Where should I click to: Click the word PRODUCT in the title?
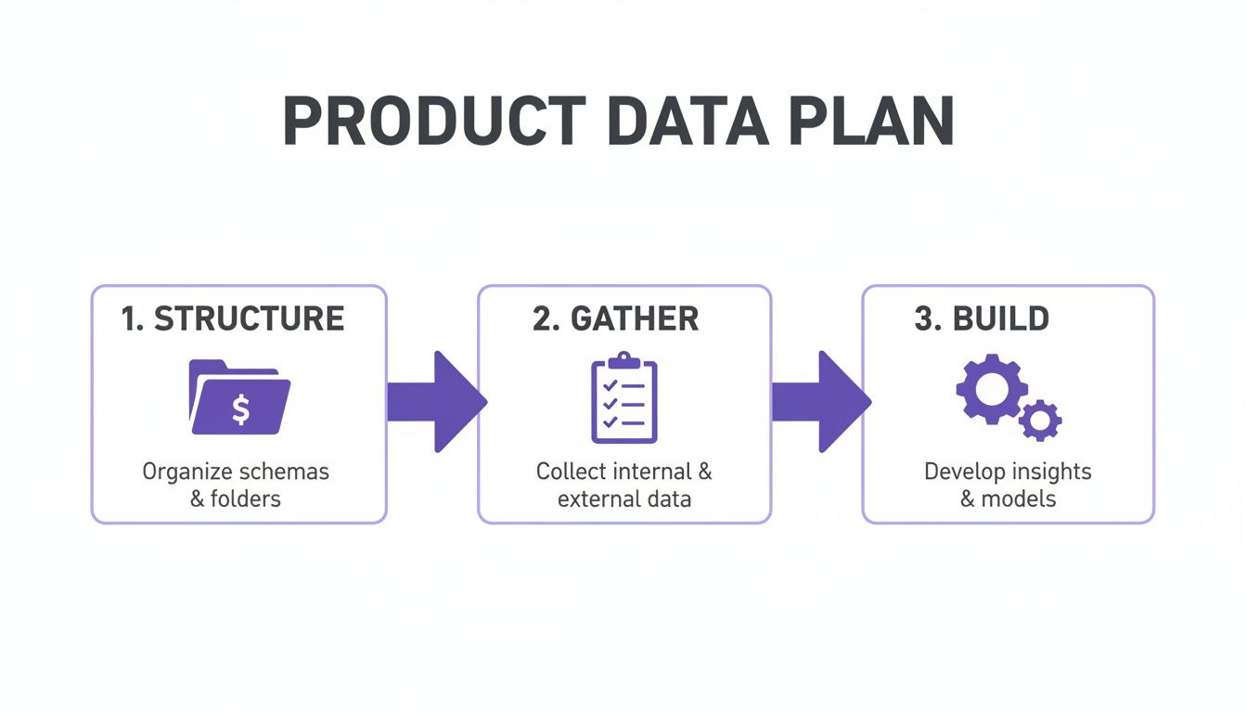(434, 121)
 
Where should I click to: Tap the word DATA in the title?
(688, 121)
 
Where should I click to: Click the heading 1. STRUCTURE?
(233, 318)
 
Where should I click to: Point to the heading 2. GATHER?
(616, 318)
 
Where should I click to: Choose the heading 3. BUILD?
(982, 318)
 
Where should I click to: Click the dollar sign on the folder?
(240, 409)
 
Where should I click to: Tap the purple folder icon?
(239, 396)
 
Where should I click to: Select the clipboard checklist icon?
(624, 397)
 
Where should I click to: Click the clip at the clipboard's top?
(624, 360)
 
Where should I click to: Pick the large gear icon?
(992, 389)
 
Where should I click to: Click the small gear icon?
(1040, 421)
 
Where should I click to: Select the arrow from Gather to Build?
(822, 402)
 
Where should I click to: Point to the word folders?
(246, 499)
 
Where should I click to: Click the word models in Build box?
(1018, 499)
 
